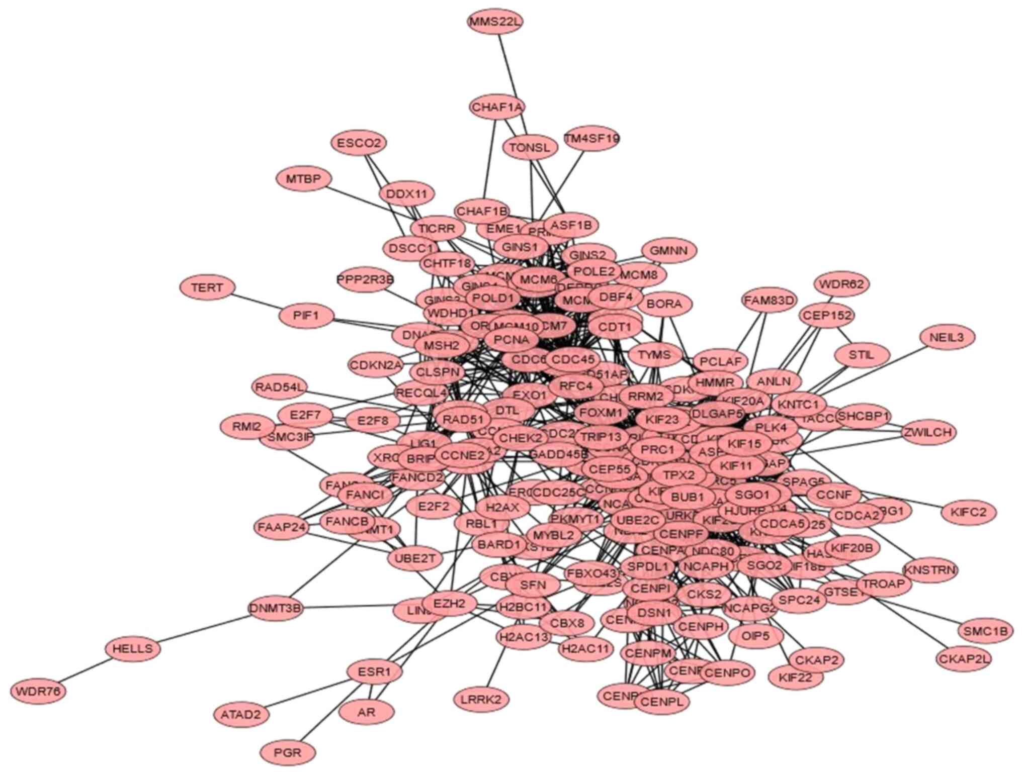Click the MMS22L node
(x=495, y=22)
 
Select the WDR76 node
(x=38, y=692)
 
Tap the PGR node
(x=288, y=752)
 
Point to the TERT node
(x=207, y=287)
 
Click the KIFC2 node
(x=968, y=513)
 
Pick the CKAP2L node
(x=964, y=658)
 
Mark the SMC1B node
(x=986, y=631)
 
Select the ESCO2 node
(x=359, y=143)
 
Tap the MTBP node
(x=304, y=179)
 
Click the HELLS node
(x=133, y=648)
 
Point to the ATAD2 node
(x=241, y=714)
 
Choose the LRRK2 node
(x=481, y=699)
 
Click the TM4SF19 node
(x=591, y=138)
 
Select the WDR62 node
(x=841, y=284)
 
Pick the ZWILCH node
(x=928, y=432)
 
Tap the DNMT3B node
(x=276, y=609)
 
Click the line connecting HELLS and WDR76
(x=86, y=670)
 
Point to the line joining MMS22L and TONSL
(x=512, y=83)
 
